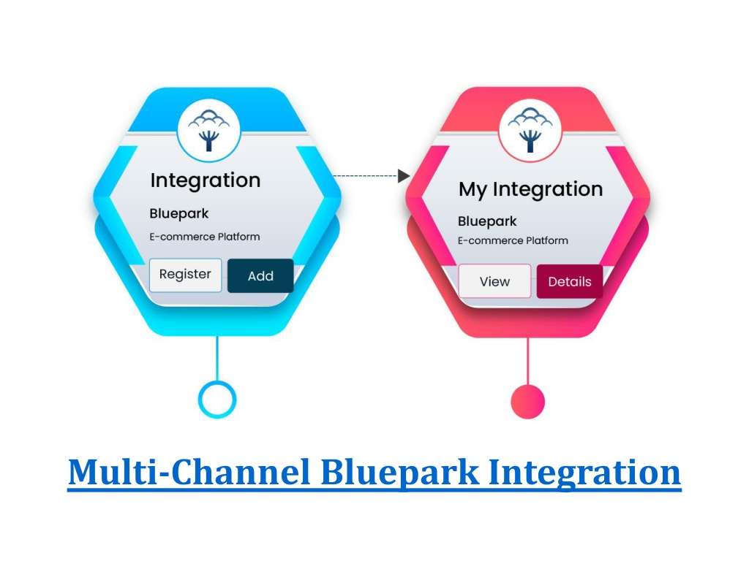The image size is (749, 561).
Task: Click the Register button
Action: pos(185,275)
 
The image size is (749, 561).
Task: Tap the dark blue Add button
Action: pos(260,275)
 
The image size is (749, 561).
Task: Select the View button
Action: pos(495,281)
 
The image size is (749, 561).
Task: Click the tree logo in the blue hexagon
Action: pos(208,130)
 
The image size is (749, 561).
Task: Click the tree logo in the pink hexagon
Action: pos(530,130)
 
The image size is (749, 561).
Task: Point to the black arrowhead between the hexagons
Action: pos(404,176)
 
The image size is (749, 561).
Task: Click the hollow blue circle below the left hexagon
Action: pos(217,400)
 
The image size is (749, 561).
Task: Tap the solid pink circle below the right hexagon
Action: pos(528,402)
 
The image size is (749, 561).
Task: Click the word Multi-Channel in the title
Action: pos(189,473)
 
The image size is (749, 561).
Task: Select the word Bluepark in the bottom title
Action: pos(400,473)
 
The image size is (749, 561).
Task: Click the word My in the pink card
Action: pos(473,190)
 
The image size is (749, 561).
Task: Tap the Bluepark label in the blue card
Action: pos(179,214)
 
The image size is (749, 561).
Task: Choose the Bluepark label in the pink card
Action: pos(487,221)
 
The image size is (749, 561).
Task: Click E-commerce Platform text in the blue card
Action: pos(205,237)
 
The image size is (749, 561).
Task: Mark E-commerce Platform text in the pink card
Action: pos(513,240)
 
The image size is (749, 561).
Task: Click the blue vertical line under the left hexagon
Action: pos(217,358)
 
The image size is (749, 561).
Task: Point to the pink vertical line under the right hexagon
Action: pos(528,361)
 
